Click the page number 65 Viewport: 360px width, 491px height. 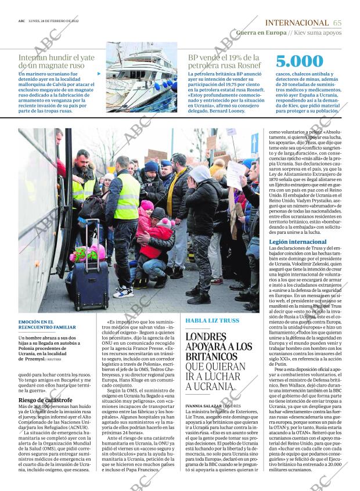click(x=337, y=23)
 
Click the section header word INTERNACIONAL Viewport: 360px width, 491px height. click(x=296, y=23)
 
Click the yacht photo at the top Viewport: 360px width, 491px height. click(x=141, y=77)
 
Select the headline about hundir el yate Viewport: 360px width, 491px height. click(x=56, y=62)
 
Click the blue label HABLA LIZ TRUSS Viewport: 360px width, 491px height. click(x=212, y=320)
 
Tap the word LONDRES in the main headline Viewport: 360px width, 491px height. click(x=205, y=337)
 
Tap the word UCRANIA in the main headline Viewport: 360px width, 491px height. click(x=217, y=386)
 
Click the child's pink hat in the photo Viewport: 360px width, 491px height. click(x=147, y=205)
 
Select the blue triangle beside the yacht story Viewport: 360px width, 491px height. click(x=99, y=74)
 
